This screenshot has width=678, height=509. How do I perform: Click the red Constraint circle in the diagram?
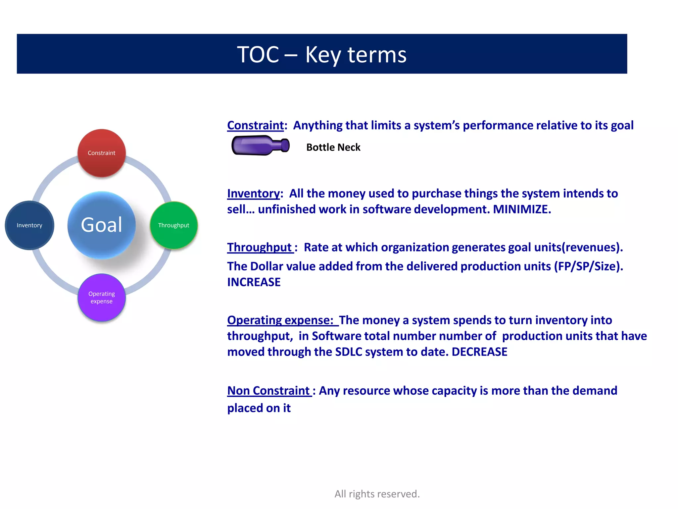102,153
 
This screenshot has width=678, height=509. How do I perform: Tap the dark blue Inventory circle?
29,225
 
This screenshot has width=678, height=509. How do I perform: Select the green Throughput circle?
174,225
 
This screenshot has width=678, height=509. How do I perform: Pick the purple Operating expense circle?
102,298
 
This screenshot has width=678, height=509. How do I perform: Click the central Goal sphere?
102,225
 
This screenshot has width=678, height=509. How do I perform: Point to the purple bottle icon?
260,145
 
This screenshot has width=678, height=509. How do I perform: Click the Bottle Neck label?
333,147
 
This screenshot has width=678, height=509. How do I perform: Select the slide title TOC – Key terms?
322,54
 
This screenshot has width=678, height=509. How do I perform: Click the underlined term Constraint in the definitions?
255,125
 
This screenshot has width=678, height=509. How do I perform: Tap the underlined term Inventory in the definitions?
253,193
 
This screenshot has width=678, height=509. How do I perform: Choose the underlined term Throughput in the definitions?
260,247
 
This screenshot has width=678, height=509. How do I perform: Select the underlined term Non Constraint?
268,391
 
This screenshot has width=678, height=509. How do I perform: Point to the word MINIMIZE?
522,209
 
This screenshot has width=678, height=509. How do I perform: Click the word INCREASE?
254,282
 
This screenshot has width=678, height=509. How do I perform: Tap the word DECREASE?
479,352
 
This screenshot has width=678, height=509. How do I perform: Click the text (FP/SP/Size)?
589,266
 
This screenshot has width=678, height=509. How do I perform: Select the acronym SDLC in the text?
349,352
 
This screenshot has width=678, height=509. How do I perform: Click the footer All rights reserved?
377,494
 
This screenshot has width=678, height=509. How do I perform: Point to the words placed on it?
259,408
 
